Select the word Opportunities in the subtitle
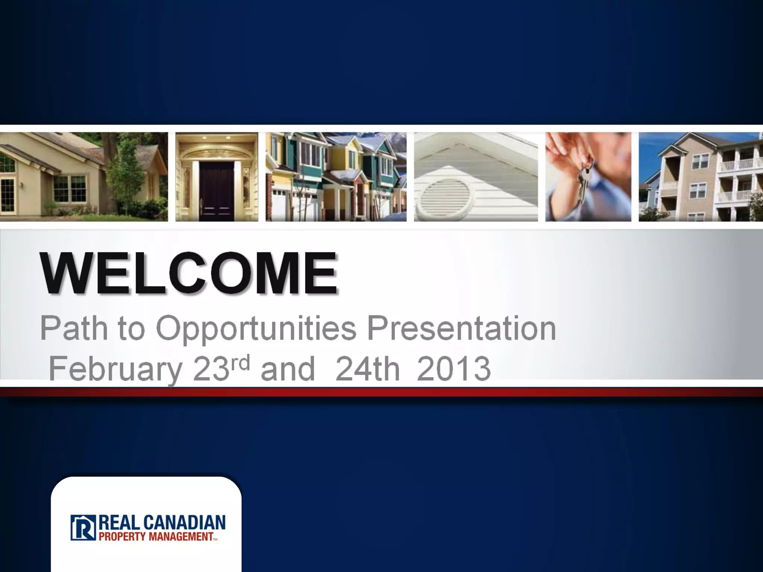256,328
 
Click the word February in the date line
115,369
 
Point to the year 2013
453,369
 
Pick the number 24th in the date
367,369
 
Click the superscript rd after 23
240,362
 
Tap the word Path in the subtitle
74,328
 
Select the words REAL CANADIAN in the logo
162,523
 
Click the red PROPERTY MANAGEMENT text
156,537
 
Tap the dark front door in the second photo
216,190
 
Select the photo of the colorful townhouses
336,177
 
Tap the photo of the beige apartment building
700,177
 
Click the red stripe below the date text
381,392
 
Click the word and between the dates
288,369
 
